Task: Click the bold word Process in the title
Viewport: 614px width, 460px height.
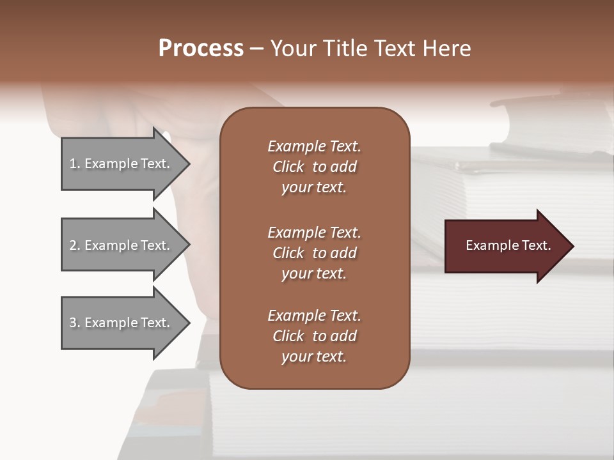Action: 201,49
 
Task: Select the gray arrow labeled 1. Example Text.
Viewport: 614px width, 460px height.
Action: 122,164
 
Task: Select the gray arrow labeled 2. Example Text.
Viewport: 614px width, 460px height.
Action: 122,245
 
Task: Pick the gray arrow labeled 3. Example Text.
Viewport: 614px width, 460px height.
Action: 122,323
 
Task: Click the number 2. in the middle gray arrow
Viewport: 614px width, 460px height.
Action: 75,245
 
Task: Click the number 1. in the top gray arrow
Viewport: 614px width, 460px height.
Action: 75,164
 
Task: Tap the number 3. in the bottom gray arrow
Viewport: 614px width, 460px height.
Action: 75,323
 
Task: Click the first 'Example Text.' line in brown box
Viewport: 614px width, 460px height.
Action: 314,146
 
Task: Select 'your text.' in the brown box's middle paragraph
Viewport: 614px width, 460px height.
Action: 314,273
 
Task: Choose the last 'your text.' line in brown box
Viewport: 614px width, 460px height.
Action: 314,357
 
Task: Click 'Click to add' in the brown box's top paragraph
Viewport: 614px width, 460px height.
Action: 314,167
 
